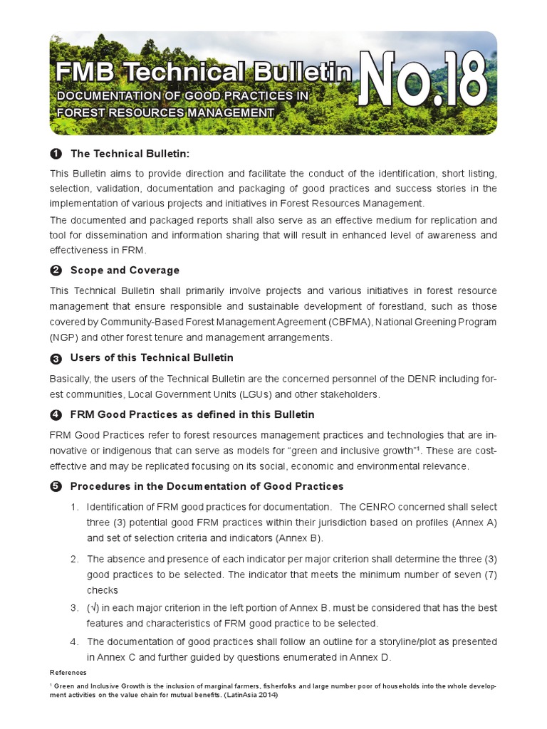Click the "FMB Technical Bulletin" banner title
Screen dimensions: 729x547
pos(204,72)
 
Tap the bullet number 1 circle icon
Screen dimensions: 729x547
pos(56,154)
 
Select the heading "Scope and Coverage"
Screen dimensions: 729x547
pos(125,271)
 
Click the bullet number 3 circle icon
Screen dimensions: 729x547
pos(56,358)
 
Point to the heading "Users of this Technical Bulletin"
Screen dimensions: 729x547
pos(152,357)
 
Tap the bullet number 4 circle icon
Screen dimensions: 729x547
pos(56,415)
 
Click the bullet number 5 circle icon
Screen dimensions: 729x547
pos(56,487)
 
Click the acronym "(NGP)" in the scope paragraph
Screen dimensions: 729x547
pos(63,337)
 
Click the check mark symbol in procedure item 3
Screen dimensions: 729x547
pos(93,608)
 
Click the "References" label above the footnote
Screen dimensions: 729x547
pos(68,672)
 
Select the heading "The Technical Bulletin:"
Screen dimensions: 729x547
pos(130,154)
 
